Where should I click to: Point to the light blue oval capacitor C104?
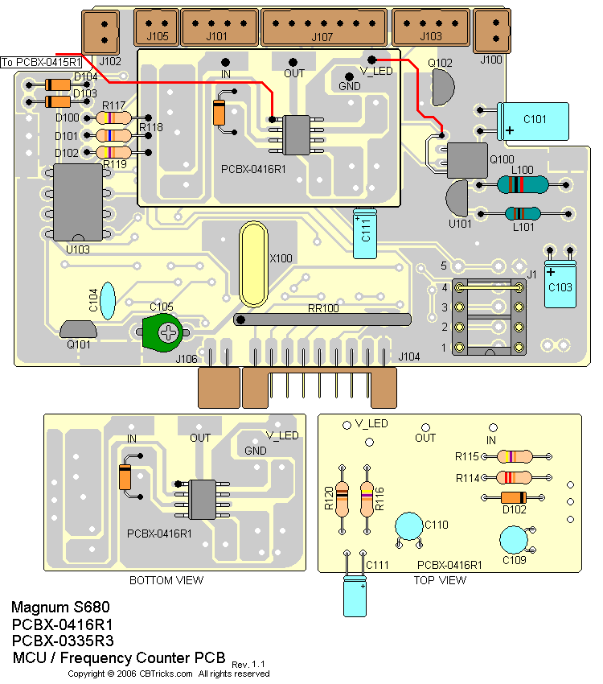point(107,299)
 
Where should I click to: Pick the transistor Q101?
point(78,329)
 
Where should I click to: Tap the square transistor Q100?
point(466,160)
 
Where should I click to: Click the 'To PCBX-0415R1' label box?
point(42,62)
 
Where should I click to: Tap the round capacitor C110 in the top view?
point(409,526)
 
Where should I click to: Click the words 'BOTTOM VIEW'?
point(166,580)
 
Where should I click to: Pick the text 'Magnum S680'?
point(60,607)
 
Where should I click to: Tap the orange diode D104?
point(58,84)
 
